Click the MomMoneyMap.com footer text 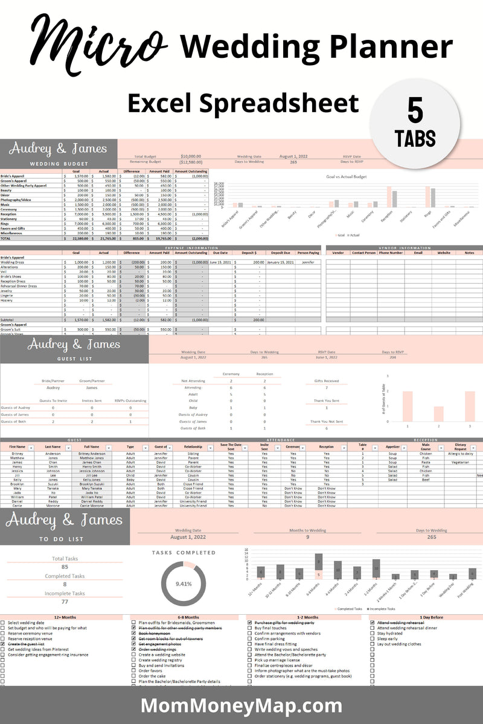[x=241, y=705]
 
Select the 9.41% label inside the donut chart [x=184, y=583]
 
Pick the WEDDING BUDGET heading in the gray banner [x=59, y=164]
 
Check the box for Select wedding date [x=3, y=622]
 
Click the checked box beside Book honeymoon [x=134, y=633]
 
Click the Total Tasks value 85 [x=65, y=567]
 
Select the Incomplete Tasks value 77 [x=65, y=602]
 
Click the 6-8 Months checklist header [x=185, y=617]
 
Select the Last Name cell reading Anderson [x=53, y=453]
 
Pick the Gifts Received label [x=326, y=381]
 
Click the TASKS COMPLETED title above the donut [x=184, y=552]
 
